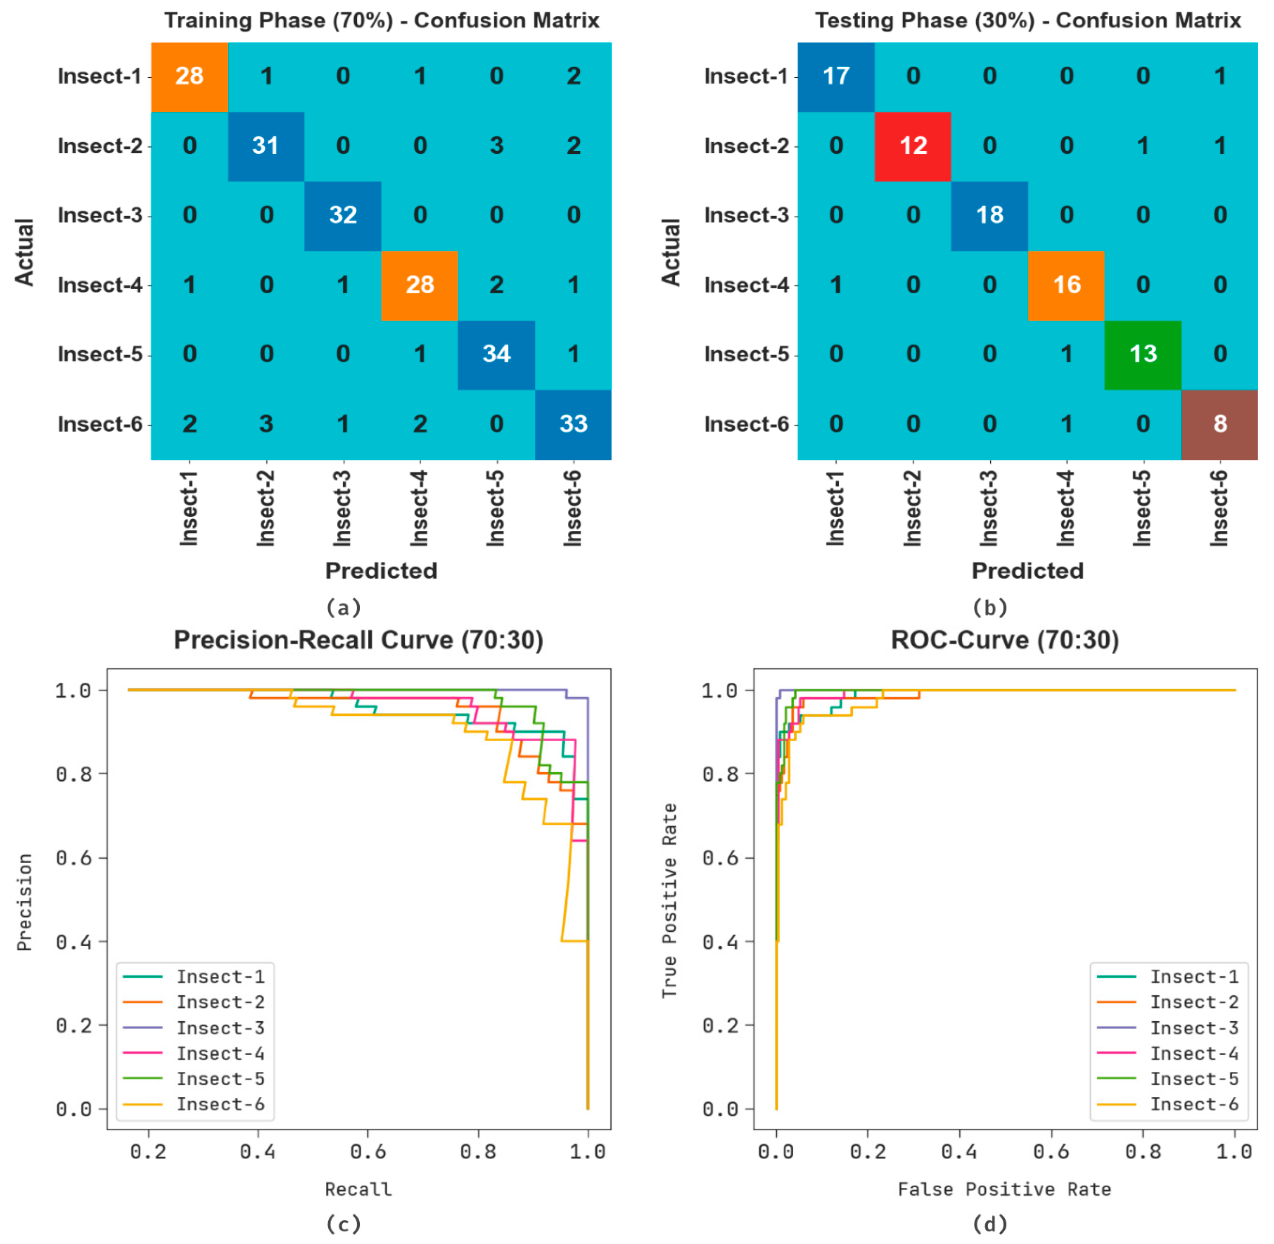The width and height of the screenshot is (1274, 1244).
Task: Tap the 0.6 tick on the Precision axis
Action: pos(73,858)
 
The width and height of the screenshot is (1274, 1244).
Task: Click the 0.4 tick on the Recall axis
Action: pos(258,1151)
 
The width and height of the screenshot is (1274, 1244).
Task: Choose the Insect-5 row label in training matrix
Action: pos(99,354)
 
